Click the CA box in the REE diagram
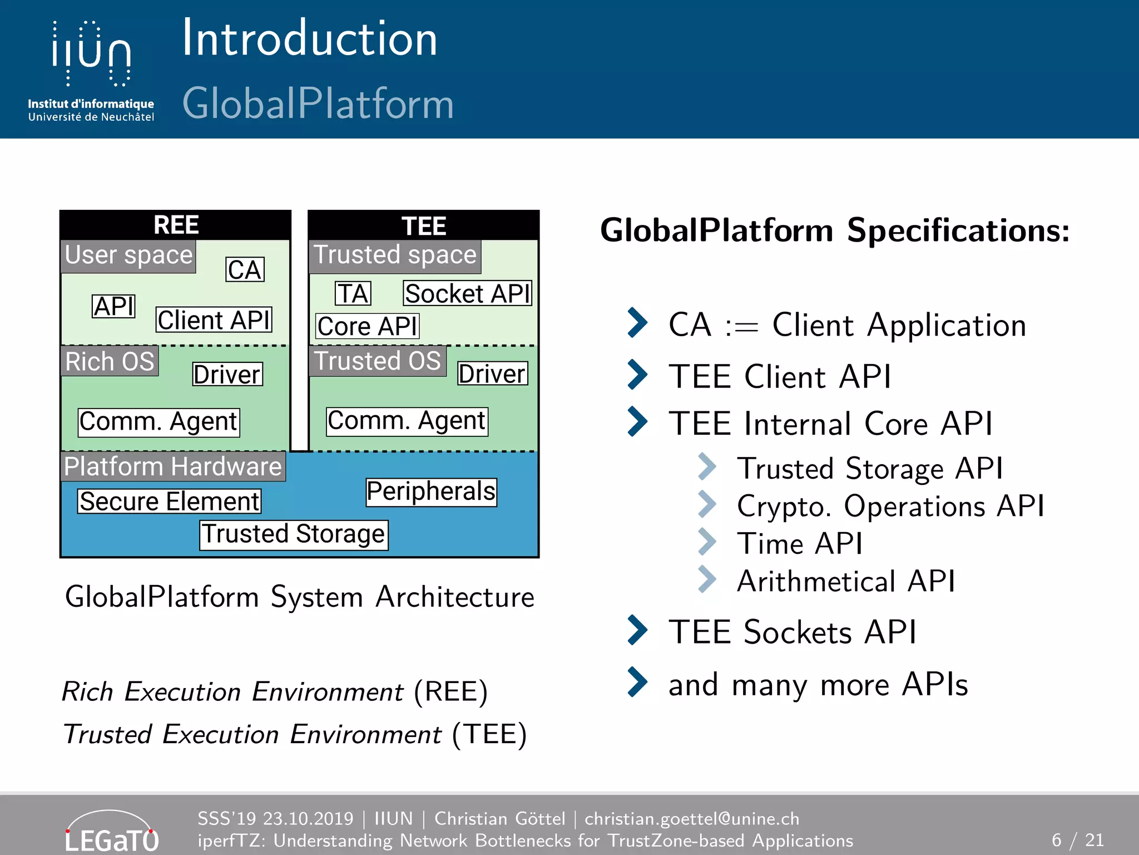click(x=245, y=270)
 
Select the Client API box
click(x=214, y=320)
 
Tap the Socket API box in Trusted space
click(x=467, y=293)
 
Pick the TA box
click(x=353, y=293)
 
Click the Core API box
click(x=367, y=326)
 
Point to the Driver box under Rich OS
click(x=227, y=374)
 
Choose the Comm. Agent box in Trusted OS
click(x=407, y=421)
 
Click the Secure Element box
click(x=169, y=501)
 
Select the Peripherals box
click(x=431, y=492)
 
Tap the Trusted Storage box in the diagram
click(x=294, y=534)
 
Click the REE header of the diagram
click(x=176, y=225)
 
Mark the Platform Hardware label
click(x=172, y=466)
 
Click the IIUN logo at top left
click(x=91, y=70)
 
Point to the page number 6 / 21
click(x=1077, y=839)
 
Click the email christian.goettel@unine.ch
click(x=691, y=819)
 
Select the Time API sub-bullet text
click(x=799, y=543)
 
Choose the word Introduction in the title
click(x=310, y=39)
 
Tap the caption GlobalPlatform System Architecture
click(x=299, y=597)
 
